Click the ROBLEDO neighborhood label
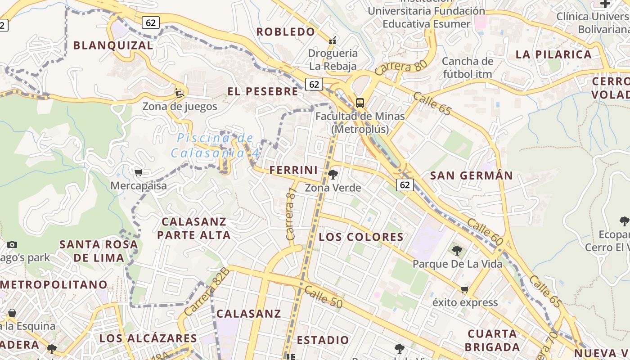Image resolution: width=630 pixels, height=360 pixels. [x=286, y=32]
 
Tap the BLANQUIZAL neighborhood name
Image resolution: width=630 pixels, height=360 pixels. [x=113, y=45]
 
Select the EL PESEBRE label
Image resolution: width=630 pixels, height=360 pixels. [x=263, y=92]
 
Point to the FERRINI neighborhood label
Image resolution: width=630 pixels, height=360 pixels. [x=293, y=170]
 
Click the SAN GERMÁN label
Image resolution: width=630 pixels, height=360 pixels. [x=472, y=175]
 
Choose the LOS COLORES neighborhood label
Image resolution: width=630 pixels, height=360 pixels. [x=361, y=237]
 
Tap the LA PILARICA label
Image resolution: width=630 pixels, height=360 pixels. [x=553, y=55]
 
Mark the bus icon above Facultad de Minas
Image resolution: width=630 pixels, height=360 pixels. [x=360, y=103]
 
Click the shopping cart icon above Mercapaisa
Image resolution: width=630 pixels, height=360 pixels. [x=139, y=172]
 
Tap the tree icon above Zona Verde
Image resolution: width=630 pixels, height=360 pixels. [x=333, y=175]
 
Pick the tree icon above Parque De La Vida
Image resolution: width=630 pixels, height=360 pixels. [x=457, y=251]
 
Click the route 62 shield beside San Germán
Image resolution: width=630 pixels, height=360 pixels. [x=405, y=184]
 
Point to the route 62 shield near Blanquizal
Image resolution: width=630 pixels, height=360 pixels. [x=151, y=22]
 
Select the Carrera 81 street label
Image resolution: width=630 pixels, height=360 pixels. [x=292, y=213]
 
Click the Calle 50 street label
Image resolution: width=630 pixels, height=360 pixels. [x=323, y=297]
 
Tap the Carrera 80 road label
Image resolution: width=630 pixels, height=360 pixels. [x=400, y=67]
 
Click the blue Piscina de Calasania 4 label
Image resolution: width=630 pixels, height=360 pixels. [x=215, y=145]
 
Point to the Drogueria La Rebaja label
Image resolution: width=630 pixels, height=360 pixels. [x=333, y=59]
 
